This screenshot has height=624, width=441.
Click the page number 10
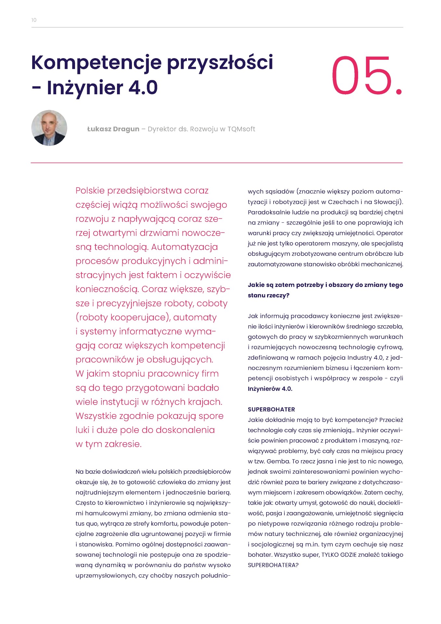tap(34, 20)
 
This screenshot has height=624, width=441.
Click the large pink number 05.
tap(366, 76)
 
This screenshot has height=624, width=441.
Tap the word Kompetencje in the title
tap(96, 63)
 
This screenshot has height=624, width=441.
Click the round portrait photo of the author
tap(49, 128)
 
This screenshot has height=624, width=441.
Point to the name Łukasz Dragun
tap(113, 129)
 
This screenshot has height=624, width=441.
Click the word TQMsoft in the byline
tap(241, 129)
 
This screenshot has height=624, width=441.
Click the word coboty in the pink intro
tap(212, 303)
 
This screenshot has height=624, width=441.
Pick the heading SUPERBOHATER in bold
tap(271, 409)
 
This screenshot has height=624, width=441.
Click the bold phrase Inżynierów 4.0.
tap(270, 389)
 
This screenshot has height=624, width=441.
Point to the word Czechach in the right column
tap(343, 202)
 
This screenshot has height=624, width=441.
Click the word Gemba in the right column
tap(278, 461)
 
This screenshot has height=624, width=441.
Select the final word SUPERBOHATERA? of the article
tap(273, 565)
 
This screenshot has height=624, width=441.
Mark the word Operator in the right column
tap(390, 233)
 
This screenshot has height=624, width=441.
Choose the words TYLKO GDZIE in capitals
tap(339, 555)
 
